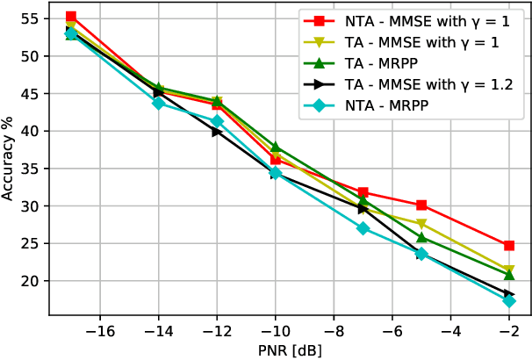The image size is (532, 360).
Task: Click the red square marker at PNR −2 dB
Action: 509,246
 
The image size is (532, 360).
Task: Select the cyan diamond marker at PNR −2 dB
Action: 509,301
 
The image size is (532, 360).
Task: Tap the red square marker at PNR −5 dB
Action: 421,205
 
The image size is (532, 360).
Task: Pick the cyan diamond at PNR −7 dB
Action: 363,228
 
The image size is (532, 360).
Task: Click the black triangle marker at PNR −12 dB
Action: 217,131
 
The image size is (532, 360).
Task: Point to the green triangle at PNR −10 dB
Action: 276,147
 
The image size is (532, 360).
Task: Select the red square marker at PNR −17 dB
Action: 71,17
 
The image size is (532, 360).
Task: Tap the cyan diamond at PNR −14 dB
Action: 159,103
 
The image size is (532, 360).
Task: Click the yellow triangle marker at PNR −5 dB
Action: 421,224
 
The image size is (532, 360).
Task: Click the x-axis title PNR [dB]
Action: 290,350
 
